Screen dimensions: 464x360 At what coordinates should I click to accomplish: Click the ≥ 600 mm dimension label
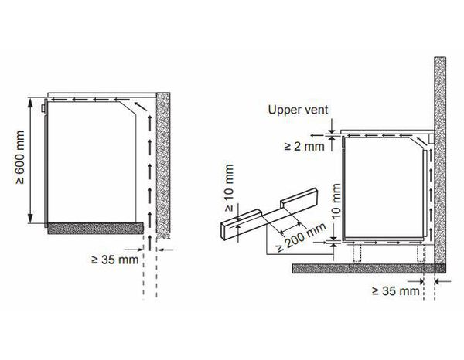click(20, 158)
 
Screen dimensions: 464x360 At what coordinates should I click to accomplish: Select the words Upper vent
click(298, 110)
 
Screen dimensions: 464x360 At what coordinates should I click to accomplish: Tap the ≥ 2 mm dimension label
click(304, 146)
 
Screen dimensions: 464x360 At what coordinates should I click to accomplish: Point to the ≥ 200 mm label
click(302, 237)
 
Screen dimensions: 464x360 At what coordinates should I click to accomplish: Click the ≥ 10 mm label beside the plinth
click(230, 188)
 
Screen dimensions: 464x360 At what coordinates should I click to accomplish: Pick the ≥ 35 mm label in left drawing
click(114, 260)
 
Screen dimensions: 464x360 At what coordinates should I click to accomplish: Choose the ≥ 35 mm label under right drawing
click(396, 291)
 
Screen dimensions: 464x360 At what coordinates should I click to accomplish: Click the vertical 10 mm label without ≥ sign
click(336, 201)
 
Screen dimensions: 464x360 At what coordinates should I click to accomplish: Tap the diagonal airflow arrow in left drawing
click(141, 106)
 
